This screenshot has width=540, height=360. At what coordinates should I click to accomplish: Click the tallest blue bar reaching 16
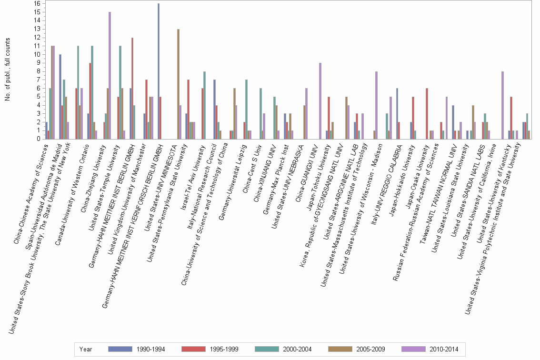coord(159,71)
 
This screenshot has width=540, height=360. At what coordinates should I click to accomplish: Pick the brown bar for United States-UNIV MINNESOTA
coord(178,84)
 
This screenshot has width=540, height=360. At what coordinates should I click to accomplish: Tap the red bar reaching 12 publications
coord(132,88)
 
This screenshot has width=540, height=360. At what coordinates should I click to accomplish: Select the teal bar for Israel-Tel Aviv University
coord(204,105)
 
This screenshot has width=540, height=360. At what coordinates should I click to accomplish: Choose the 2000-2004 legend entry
coord(297,350)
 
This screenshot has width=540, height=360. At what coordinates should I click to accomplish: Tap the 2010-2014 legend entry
coord(443,350)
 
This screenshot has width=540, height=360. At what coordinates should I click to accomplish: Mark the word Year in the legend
coord(86,350)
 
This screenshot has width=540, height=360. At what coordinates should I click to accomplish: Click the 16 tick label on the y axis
coord(38,3)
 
